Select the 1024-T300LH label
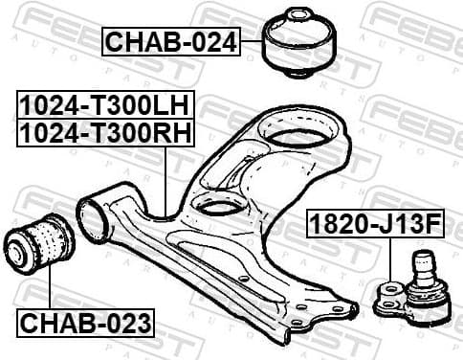pyautogui.click(x=104, y=103)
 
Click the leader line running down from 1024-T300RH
pyautogui.click(x=166, y=177)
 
